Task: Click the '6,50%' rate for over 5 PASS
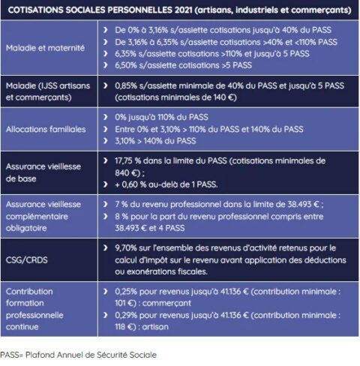(127, 66)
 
